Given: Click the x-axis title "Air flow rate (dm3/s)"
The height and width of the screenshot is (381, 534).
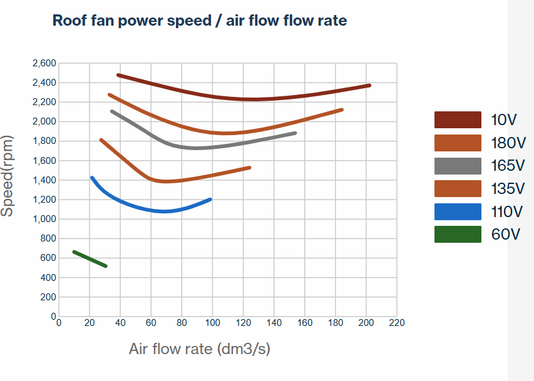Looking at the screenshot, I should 199,348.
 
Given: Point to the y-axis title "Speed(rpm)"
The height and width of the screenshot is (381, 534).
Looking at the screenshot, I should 8,176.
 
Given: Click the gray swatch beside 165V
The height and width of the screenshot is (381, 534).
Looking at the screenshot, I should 458,166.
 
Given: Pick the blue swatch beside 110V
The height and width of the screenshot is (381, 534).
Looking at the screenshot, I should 458,211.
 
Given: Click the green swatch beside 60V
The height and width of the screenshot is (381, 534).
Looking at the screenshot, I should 458,235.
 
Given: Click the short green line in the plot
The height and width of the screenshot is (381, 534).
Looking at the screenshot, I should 90,258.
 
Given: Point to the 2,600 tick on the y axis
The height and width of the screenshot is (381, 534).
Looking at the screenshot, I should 43,63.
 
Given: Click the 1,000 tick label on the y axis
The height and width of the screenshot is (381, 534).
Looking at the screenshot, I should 43,219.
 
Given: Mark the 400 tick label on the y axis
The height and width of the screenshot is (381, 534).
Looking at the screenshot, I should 48,278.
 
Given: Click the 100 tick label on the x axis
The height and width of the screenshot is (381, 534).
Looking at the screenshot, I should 213,323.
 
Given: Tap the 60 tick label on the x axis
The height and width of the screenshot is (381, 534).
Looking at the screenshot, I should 151,323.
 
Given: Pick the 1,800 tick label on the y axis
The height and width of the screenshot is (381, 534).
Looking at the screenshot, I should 43,141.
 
